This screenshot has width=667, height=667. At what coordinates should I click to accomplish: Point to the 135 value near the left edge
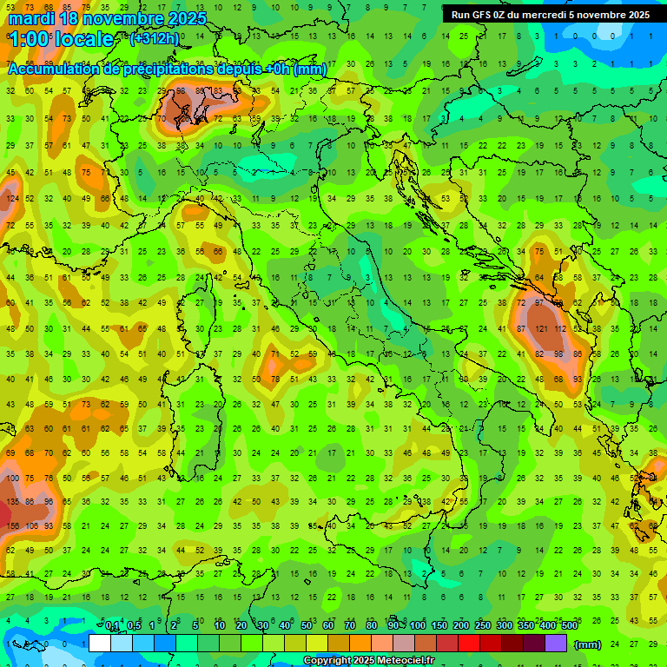coord(12,502)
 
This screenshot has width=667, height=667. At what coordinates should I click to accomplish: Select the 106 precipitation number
coord(31,525)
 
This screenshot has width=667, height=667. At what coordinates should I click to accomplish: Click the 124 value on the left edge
coord(12,199)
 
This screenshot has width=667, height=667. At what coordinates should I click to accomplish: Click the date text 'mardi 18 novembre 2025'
coord(108,18)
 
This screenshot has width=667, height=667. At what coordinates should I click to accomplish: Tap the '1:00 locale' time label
coord(61,39)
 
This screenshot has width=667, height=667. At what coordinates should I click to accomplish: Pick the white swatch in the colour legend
coord(100,644)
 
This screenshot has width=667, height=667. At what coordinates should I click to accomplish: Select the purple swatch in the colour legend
coord(556,644)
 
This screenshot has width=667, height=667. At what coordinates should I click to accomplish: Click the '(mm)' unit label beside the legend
coord(588,644)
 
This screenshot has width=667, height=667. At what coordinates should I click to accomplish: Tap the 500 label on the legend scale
coord(569,625)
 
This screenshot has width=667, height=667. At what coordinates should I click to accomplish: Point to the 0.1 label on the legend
coord(112,625)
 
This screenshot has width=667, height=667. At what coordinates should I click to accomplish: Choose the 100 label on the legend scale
coord(418,625)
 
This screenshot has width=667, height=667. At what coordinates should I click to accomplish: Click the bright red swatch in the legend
coord(469,644)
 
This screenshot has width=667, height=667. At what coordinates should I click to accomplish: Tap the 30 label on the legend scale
coord(262,625)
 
